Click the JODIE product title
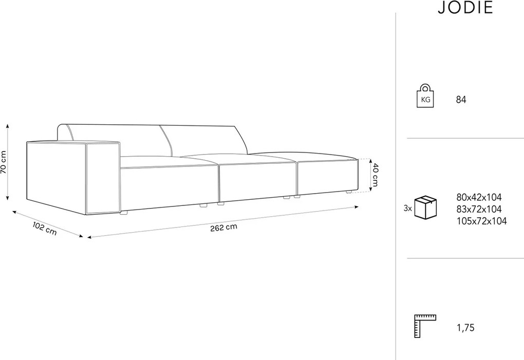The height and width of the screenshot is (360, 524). click(x=465, y=7)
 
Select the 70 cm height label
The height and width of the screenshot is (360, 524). click(x=4, y=162)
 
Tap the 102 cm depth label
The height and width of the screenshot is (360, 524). click(x=45, y=229)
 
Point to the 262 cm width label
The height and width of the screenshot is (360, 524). click(x=223, y=228)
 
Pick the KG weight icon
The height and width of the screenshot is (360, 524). click(x=425, y=96)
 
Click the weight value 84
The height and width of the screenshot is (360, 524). click(x=461, y=100)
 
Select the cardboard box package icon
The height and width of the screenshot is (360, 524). click(x=425, y=207)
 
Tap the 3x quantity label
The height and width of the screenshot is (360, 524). click(x=408, y=209)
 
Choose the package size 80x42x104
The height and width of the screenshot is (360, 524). click(x=479, y=197)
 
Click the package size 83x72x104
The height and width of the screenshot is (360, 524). click(x=479, y=210)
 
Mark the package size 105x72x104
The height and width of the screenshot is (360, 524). click(x=481, y=221)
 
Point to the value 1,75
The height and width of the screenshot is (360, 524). click(x=465, y=328)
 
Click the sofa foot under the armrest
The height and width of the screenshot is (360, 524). click(x=124, y=213)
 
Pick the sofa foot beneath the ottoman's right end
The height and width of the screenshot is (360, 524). click(x=348, y=192)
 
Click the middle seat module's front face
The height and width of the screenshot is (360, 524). click(x=258, y=182)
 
